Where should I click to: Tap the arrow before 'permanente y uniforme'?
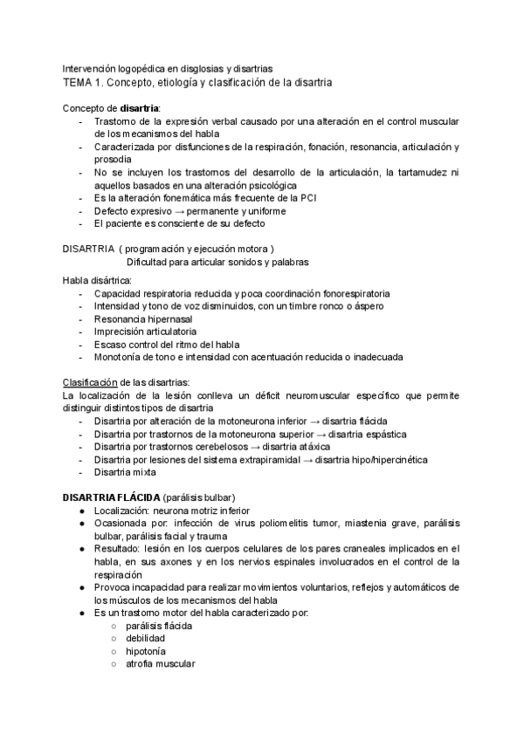[176, 211]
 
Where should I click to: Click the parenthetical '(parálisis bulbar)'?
[203, 497]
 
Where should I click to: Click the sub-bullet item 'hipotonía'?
[146, 651]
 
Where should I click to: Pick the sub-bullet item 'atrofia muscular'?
[161, 664]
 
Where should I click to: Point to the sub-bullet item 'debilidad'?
[146, 639]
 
